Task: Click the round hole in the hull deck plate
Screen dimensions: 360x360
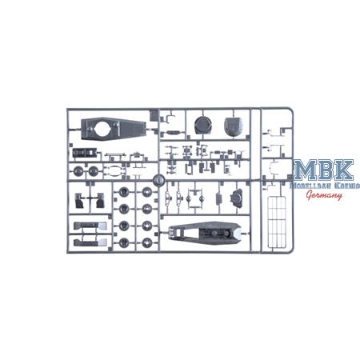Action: pos(102,128)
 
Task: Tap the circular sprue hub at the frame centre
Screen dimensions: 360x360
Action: pos(158,180)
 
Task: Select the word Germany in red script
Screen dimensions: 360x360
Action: pos(324,195)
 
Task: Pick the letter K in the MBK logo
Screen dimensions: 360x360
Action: pos(343,170)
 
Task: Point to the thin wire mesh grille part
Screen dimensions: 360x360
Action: pos(277,222)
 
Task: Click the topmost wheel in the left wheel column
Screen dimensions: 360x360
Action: pos(124,192)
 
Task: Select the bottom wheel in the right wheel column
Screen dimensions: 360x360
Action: pos(146,242)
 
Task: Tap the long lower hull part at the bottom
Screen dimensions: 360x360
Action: pos(206,234)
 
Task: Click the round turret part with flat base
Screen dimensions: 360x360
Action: pos(203,126)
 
